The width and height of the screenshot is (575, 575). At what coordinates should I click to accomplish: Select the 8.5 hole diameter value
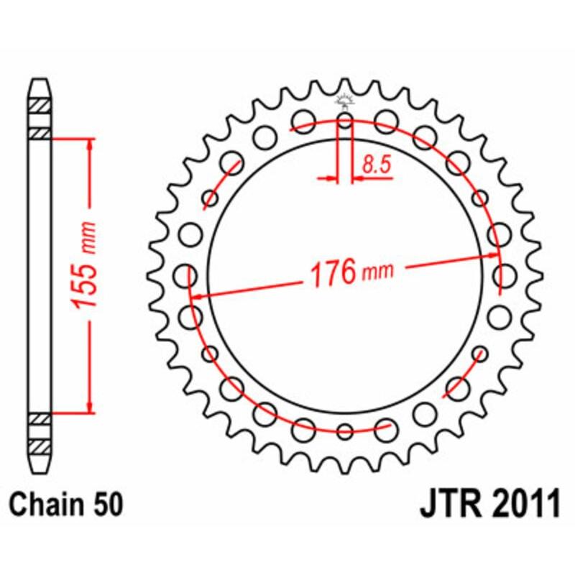(x=376, y=165)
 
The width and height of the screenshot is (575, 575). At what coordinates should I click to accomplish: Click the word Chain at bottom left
(x=49, y=504)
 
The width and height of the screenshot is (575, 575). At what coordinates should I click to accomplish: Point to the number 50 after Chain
(x=106, y=504)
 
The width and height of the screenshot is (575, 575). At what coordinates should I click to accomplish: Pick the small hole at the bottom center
(x=345, y=431)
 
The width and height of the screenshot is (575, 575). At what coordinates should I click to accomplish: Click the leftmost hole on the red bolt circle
(x=187, y=275)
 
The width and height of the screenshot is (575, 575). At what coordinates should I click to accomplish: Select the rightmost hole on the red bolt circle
(x=504, y=275)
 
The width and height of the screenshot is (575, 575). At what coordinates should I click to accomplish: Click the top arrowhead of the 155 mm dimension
(x=90, y=144)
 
